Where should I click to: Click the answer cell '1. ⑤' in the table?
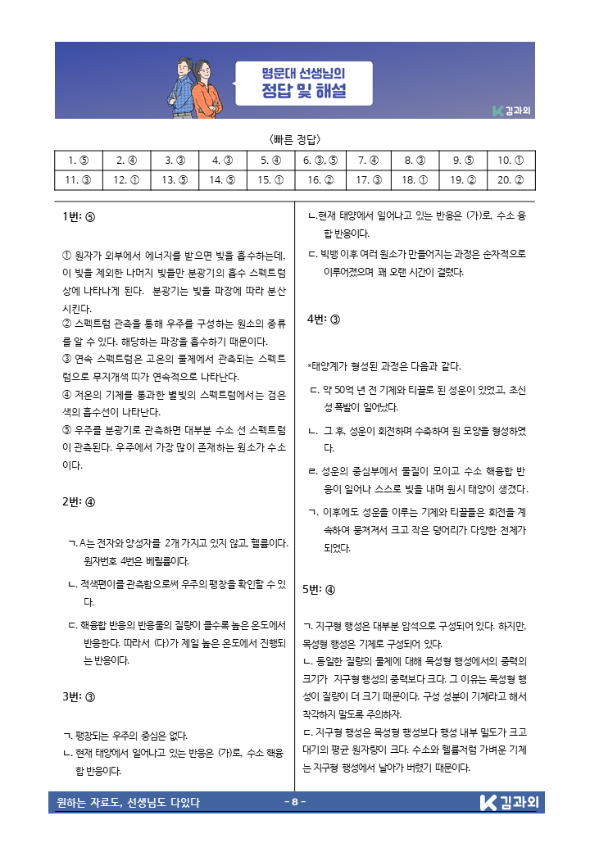click(x=79, y=161)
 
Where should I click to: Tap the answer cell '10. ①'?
click(x=511, y=161)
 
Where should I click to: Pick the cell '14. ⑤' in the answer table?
click(x=222, y=179)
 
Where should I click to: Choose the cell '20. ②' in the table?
click(x=511, y=179)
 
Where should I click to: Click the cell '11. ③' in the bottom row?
click(x=79, y=179)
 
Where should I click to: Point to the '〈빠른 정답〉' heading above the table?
click(x=294, y=138)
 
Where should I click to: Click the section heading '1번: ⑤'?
click(x=79, y=218)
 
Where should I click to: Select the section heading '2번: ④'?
click(x=79, y=502)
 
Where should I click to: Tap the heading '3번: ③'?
click(x=79, y=697)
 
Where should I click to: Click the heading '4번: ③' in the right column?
click(x=323, y=319)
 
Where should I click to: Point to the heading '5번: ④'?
click(x=319, y=589)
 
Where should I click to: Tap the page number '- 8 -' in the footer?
click(x=294, y=801)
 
